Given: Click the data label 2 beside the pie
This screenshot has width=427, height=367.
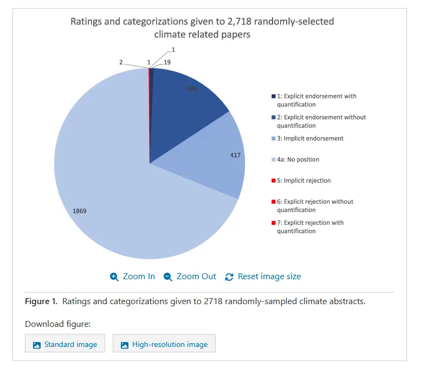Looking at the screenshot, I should point(121,62).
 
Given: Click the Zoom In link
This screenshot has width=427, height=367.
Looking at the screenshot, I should point(132,276).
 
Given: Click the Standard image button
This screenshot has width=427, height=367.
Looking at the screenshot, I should point(65,344).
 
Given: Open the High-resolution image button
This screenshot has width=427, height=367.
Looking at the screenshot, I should point(164,344).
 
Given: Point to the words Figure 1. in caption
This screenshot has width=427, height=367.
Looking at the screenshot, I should point(41,301).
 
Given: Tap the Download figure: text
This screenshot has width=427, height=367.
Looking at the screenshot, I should point(57,324).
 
